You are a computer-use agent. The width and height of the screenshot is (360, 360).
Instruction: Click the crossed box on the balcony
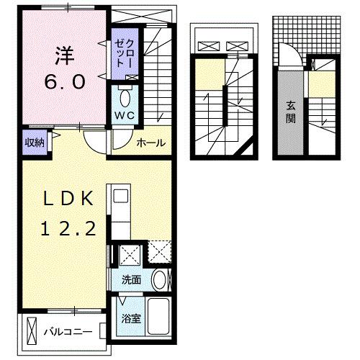[31, 331]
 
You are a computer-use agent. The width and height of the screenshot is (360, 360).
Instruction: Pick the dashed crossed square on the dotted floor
[160, 253]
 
